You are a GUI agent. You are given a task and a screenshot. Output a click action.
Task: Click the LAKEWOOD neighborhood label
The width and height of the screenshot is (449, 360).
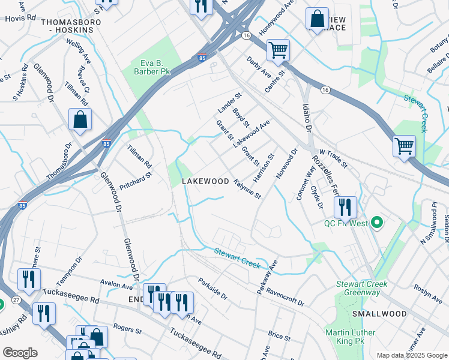click(206, 181)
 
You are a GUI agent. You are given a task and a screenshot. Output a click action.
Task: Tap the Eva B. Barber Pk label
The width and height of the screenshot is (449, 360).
click(148, 67)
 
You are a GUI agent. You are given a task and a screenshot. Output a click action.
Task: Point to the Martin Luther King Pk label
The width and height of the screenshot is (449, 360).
click(350, 337)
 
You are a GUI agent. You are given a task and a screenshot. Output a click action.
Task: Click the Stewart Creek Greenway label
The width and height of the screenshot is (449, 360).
click(361, 288)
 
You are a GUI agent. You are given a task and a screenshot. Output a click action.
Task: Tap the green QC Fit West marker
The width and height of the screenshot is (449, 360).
click(377, 224)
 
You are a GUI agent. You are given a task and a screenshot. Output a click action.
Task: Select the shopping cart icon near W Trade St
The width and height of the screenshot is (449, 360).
click(405, 146)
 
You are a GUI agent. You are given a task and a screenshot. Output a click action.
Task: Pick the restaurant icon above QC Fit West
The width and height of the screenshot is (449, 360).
click(345, 207)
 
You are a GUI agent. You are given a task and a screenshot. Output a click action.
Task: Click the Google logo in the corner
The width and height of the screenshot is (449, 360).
click(19, 353)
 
